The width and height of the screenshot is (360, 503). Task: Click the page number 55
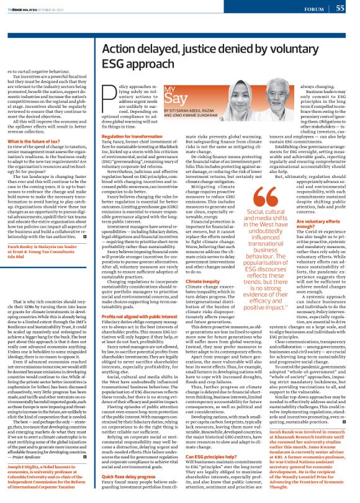pyautogui.click(x=340, y=9)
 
